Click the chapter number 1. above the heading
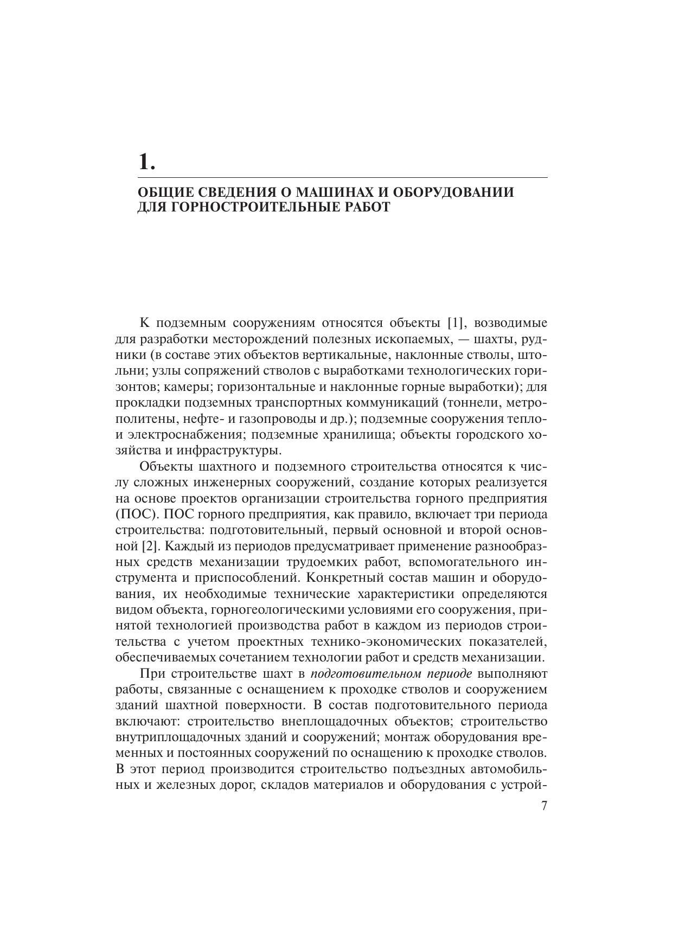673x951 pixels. click(x=146, y=162)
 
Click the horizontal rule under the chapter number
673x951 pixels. click(x=342, y=177)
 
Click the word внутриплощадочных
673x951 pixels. click(x=180, y=738)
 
